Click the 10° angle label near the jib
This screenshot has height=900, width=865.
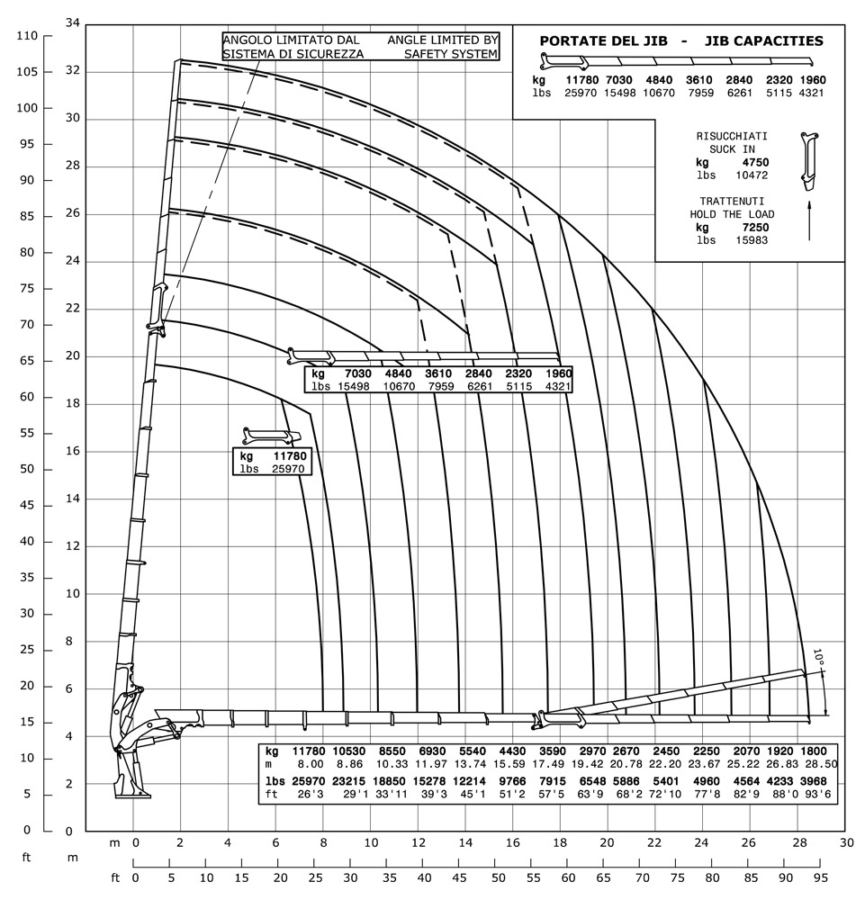[817, 658]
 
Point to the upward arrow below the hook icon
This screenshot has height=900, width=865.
[810, 220]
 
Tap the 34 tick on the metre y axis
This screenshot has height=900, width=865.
[74, 22]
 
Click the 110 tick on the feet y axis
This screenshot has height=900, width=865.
[28, 35]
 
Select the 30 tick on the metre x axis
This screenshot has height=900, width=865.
[845, 842]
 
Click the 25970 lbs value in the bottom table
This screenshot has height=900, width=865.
[308, 780]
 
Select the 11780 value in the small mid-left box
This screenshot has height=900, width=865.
[289, 456]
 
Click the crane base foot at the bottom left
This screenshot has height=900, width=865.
[132, 792]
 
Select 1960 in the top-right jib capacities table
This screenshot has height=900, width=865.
[812, 80]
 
